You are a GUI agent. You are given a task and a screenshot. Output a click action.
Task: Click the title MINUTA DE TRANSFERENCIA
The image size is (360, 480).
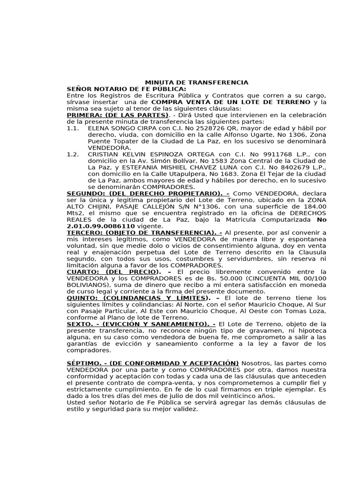(196, 82)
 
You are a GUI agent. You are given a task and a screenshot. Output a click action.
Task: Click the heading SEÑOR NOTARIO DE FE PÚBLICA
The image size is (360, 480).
(127, 89)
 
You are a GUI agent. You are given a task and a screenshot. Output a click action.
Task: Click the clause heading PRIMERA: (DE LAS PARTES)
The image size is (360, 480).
(117, 115)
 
